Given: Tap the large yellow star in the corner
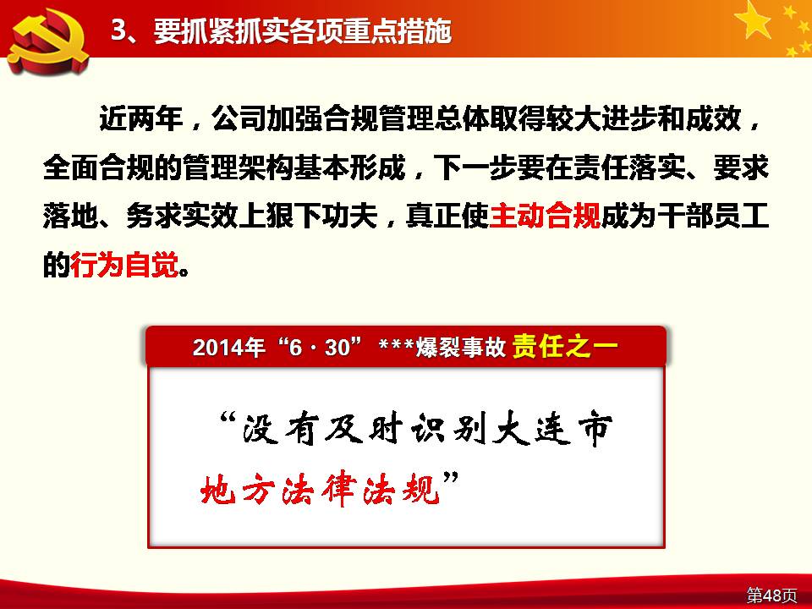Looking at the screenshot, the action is point(754,19).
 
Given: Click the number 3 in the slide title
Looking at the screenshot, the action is point(118,30).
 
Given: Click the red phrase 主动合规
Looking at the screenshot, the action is point(545,216).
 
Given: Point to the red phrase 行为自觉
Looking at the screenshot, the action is point(125,265).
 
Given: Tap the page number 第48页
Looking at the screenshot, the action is point(771,595).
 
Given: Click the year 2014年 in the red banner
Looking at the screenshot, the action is point(228,347).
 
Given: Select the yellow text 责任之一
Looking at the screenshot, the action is point(564,346).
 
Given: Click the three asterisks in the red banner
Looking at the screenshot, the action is point(396,344).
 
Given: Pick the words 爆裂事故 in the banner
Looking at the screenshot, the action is point(460,347).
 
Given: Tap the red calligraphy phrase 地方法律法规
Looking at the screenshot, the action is point(321,489).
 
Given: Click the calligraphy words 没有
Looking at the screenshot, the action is point(280,429).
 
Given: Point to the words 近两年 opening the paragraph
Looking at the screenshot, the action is point(141,119).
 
